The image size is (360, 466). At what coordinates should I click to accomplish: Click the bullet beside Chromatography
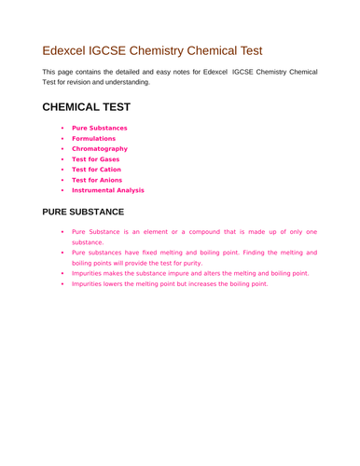(x=62, y=148)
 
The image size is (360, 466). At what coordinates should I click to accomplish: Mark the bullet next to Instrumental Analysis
(x=62, y=189)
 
